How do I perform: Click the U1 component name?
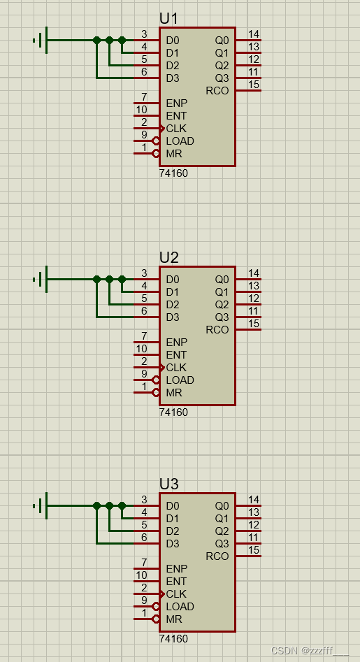[169, 18]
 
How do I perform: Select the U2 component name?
[169, 257]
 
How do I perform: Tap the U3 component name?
[169, 484]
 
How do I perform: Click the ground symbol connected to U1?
[41, 40]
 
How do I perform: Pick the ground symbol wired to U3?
[41, 505]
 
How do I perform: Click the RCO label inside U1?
[217, 91]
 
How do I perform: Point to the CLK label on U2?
[176, 368]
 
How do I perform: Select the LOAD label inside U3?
[180, 607]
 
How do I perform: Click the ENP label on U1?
[176, 103]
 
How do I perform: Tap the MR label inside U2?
[173, 393]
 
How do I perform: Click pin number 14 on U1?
[254, 34]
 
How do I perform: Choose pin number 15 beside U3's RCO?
[254, 550]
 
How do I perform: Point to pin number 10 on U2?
[141, 349]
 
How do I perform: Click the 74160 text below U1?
[173, 173]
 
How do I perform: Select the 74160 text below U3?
[173, 639]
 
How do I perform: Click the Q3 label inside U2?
[222, 317]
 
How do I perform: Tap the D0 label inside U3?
[173, 506]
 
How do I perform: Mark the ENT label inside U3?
[176, 582]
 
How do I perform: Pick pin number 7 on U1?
[144, 97]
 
